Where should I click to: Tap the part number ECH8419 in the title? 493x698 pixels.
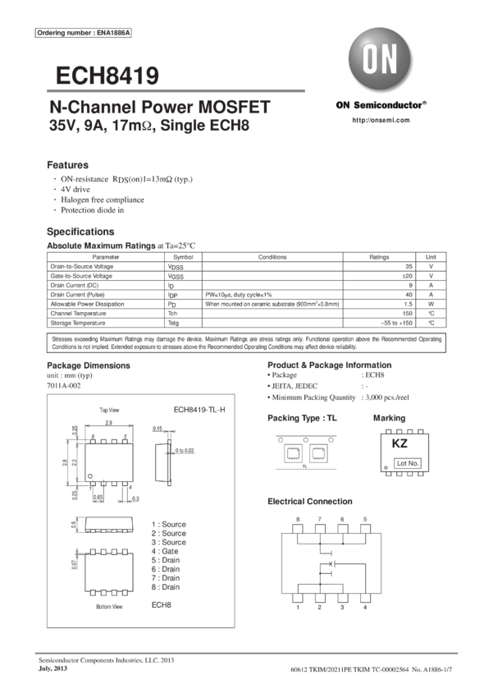[x=107, y=76]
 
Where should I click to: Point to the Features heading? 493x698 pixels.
[x=67, y=164]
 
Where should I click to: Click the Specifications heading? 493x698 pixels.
[x=80, y=232]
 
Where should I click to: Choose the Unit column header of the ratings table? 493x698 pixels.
[x=432, y=257]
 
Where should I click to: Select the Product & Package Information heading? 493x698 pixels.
[x=330, y=365]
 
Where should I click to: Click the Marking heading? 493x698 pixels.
[x=389, y=418]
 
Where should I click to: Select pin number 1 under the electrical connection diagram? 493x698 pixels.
[x=298, y=608]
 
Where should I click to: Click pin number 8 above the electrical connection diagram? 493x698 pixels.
[x=298, y=519]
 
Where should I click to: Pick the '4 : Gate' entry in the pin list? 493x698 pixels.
[x=168, y=551]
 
